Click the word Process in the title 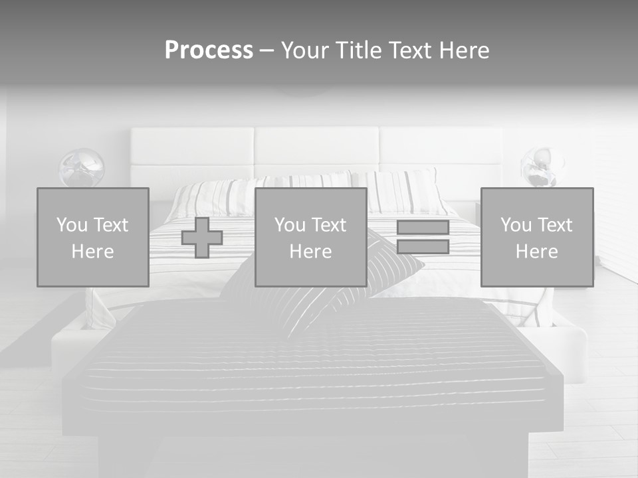(x=209, y=50)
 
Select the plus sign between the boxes (x=202, y=237)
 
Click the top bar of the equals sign (x=423, y=227)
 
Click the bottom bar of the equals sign (x=423, y=247)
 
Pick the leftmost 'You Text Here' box (x=93, y=237)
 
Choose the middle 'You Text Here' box (x=310, y=237)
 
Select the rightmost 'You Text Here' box (x=537, y=237)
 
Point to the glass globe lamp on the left (x=82, y=168)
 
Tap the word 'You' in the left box (x=72, y=225)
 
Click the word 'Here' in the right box (x=537, y=252)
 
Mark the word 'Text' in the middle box (x=330, y=225)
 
